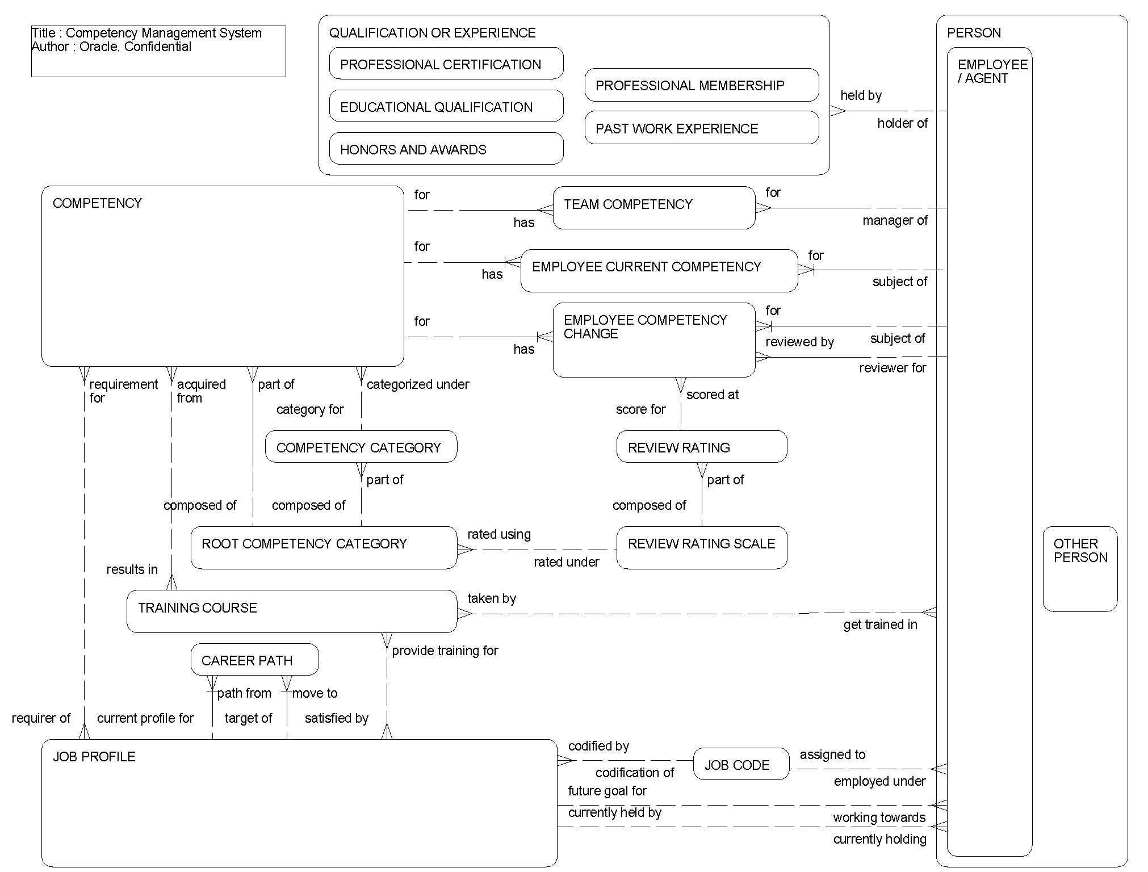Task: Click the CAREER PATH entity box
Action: click(254, 660)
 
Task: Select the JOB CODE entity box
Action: click(741, 764)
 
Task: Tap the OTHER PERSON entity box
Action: click(1080, 568)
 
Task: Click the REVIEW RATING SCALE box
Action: click(701, 547)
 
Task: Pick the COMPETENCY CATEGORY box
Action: click(361, 447)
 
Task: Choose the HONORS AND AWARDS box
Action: click(446, 149)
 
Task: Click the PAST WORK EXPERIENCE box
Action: click(702, 128)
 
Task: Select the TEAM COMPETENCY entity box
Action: click(653, 208)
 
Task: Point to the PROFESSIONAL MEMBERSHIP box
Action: click(702, 85)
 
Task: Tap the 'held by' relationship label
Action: click(861, 95)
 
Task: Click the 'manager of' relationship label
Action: click(895, 220)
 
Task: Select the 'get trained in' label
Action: click(880, 624)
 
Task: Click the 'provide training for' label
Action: click(445, 651)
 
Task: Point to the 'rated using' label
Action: click(498, 534)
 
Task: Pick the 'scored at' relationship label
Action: click(712, 395)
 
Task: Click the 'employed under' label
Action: click(879, 781)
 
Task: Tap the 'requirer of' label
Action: click(41, 718)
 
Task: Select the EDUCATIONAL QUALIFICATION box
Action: click(446, 106)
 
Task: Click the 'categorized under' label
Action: click(417, 384)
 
